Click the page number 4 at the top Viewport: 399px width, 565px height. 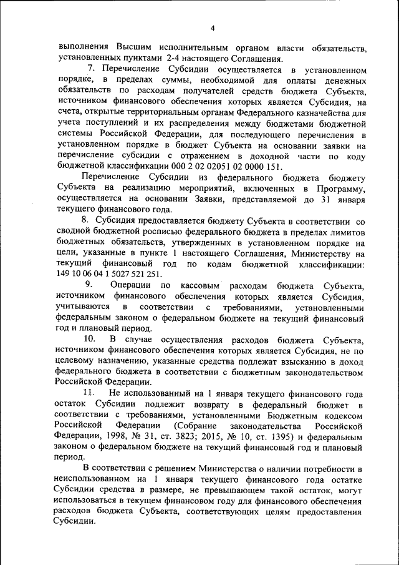pos(212,28)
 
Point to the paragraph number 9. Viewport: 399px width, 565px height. pos(89,285)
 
